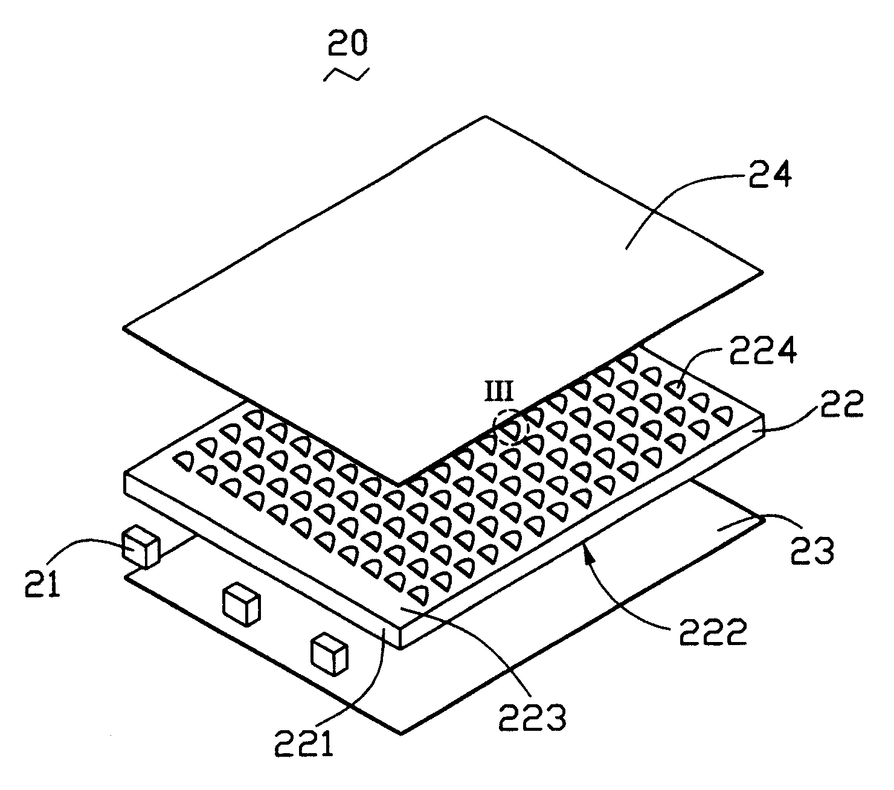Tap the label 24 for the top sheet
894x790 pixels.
764,176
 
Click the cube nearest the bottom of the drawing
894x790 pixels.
329,654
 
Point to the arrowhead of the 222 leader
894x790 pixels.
584,546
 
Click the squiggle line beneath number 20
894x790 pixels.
346,74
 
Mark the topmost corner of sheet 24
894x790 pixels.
486,116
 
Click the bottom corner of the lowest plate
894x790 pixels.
400,734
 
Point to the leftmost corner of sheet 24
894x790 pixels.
124,328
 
